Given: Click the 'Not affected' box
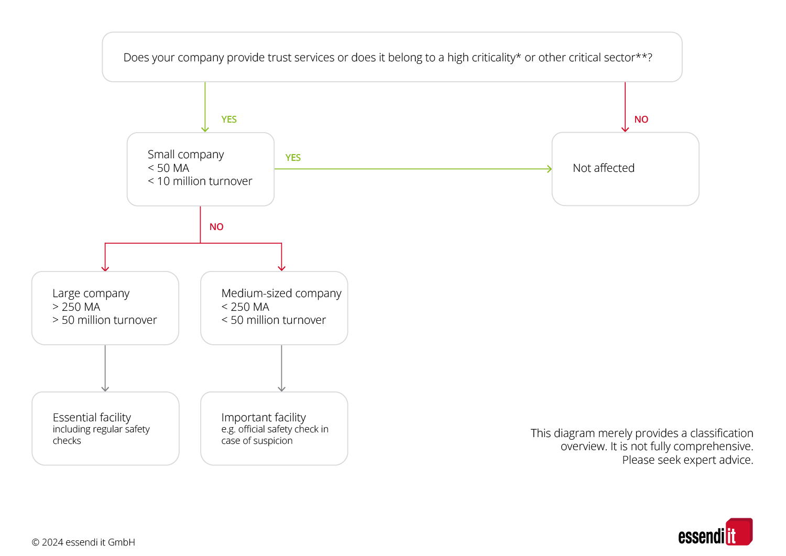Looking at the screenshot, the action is pyautogui.click(x=625, y=169).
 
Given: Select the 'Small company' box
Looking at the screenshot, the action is pyautogui.click(x=200, y=169).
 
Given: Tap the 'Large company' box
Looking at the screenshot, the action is pyautogui.click(x=105, y=308).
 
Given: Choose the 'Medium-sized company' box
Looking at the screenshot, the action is pyautogui.click(x=274, y=308).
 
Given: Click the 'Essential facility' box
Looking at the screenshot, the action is pyautogui.click(x=105, y=429).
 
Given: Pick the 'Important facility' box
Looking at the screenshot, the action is pyautogui.click(x=274, y=429).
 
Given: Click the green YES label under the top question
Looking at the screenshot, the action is pyautogui.click(x=229, y=119).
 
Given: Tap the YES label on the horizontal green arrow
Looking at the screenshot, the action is pyautogui.click(x=293, y=158).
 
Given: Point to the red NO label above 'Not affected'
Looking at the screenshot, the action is pyautogui.click(x=641, y=119).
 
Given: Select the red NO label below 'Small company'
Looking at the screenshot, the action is pyautogui.click(x=216, y=227).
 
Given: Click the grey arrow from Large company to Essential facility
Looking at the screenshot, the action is pyautogui.click(x=105, y=368).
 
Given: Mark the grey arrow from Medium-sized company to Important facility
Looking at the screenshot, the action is pyautogui.click(x=281, y=368).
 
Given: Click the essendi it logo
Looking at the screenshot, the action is pyautogui.click(x=715, y=532).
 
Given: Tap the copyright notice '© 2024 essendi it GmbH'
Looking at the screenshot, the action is pyautogui.click(x=83, y=542).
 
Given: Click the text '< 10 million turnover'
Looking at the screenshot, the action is pyautogui.click(x=200, y=181).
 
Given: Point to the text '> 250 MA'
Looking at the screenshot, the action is pyautogui.click(x=76, y=307).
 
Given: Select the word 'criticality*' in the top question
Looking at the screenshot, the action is pyautogui.click(x=496, y=57).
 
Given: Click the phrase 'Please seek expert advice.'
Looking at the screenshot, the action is pyautogui.click(x=687, y=460).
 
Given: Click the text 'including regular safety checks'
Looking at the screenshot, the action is pyautogui.click(x=101, y=435).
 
